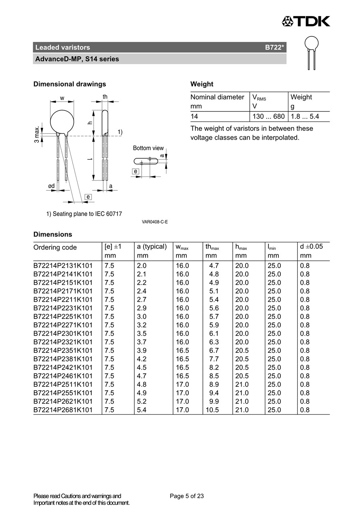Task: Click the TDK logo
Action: [x=306, y=21]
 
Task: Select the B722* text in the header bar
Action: [x=274, y=48]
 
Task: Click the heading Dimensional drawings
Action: [x=70, y=84]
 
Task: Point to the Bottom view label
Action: [x=148, y=148]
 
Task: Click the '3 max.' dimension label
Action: [x=37, y=135]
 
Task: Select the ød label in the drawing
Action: [x=51, y=186]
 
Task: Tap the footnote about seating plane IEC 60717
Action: [x=84, y=214]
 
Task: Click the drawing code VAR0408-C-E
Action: [x=155, y=222]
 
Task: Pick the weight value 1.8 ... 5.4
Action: [x=304, y=117]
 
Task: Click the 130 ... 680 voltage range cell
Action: [x=268, y=117]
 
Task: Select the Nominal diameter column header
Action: [x=217, y=97]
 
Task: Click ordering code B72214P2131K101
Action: [x=63, y=266]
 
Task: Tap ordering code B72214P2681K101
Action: [x=63, y=410]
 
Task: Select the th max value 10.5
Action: [x=212, y=410]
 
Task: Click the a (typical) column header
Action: [x=152, y=247]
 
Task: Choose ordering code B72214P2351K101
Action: [x=63, y=350]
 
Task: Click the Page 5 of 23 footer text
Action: [x=187, y=496]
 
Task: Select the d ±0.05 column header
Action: [x=311, y=247]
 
